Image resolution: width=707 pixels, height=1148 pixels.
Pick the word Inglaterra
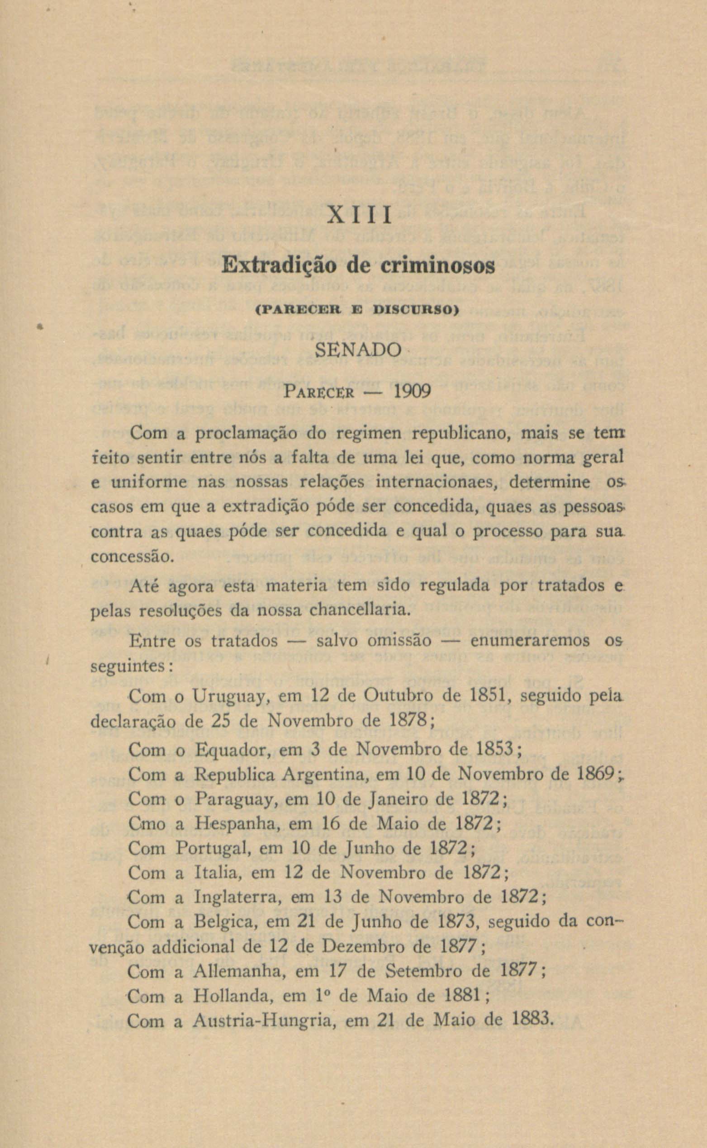coord(237,898)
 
